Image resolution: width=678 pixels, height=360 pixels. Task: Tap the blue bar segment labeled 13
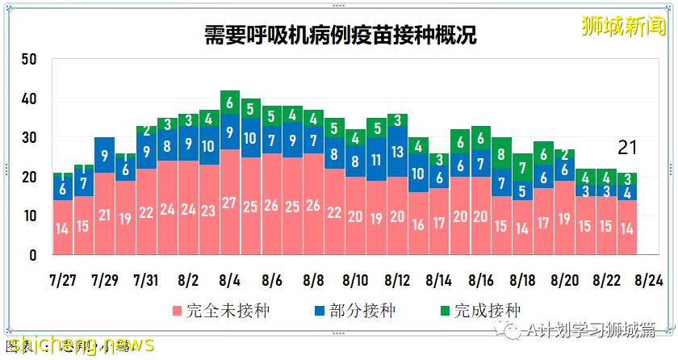pos(398,152)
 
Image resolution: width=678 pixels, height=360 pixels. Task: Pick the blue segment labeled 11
pos(377,159)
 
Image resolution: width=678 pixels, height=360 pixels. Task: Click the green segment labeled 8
pos(502,153)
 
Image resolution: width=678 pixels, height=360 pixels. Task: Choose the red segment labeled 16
pos(419,224)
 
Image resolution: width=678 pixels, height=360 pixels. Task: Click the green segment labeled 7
pos(523,169)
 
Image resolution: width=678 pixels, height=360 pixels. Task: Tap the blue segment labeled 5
pos(523,191)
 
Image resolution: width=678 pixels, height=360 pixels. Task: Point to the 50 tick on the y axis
pos(30,60)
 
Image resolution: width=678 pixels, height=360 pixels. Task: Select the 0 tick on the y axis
pos(34,255)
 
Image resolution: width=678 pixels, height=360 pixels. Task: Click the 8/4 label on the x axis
pos(229,280)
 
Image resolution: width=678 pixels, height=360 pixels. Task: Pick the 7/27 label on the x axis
pos(61,280)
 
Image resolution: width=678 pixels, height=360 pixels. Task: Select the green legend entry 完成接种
pos(478,311)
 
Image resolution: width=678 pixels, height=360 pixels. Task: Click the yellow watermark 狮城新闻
pos(624,26)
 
